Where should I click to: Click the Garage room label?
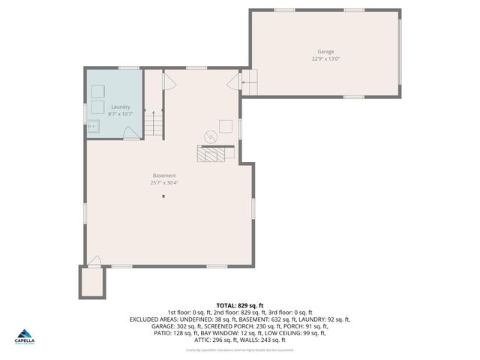tap(324, 52)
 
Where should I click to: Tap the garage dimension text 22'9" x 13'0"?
tap(324, 58)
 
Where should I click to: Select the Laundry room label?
tap(120, 106)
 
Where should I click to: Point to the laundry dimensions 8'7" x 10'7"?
tap(120, 113)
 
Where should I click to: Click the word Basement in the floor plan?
tap(164, 175)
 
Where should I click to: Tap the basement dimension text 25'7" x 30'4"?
tap(164, 182)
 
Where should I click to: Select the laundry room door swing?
tap(130, 133)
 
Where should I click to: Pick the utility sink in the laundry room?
tap(93, 126)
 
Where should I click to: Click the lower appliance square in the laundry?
tap(97, 109)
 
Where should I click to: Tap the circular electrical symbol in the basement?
tap(211, 136)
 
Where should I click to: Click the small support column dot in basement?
tap(164, 196)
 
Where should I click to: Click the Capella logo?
tap(26, 337)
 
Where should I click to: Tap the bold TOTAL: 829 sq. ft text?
tap(239, 305)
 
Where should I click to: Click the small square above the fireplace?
tap(226, 127)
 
